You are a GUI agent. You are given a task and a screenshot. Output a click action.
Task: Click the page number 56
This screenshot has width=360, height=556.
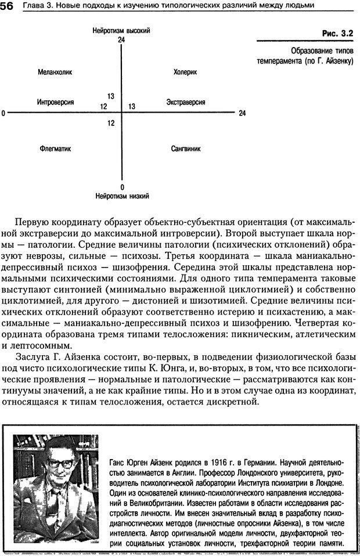click(8, 5)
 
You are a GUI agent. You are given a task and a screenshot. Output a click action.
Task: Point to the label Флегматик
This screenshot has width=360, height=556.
click(55, 149)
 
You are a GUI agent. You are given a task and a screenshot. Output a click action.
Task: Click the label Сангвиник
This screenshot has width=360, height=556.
click(186, 149)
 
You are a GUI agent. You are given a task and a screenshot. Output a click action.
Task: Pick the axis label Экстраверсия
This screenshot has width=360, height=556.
click(185, 102)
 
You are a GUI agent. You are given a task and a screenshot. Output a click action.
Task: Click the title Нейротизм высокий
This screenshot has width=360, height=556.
click(121, 30)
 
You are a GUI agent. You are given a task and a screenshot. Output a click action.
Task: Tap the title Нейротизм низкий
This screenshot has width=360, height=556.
click(123, 196)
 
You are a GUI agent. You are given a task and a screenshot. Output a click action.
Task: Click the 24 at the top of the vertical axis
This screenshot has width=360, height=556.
click(121, 39)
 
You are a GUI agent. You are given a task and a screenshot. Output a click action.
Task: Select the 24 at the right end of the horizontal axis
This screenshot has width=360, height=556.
click(242, 113)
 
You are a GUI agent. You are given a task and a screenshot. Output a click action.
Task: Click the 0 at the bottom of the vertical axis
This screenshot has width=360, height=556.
click(122, 187)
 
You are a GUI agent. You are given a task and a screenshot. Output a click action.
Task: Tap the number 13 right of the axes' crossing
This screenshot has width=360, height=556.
click(132, 107)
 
